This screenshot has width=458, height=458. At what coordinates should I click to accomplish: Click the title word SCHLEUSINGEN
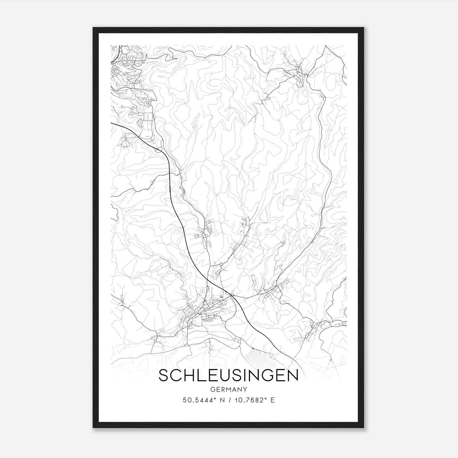click(228, 376)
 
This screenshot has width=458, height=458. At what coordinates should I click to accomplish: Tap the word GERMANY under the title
click(228, 390)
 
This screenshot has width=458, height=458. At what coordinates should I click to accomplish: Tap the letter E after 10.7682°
click(273, 400)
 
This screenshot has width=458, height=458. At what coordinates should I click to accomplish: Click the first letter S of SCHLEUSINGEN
click(163, 376)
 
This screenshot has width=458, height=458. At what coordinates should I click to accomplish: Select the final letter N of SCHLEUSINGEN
click(293, 376)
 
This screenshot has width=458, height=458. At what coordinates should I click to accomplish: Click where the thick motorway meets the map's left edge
click(111, 123)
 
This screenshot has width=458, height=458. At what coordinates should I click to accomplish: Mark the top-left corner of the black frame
click(93, 28)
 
